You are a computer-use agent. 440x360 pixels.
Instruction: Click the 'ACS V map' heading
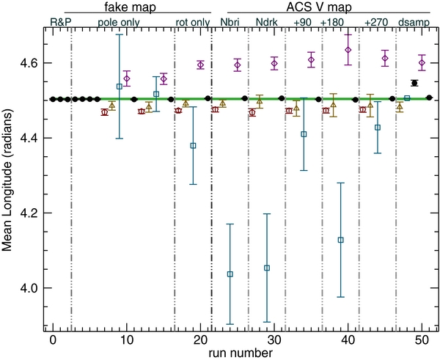pyautogui.click(x=321, y=8)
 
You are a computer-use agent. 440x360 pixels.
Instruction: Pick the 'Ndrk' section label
pyautogui.click(x=266, y=22)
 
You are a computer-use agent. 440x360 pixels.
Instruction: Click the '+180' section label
pyautogui.click(x=333, y=22)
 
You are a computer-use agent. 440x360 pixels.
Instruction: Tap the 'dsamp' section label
pyautogui.click(x=413, y=22)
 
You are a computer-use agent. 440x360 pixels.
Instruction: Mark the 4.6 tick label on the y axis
pyautogui.click(x=29, y=64)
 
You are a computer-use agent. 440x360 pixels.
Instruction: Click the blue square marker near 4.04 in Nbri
pyautogui.click(x=230, y=274)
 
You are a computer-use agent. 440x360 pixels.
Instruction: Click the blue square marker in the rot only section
pyautogui.click(x=194, y=146)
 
